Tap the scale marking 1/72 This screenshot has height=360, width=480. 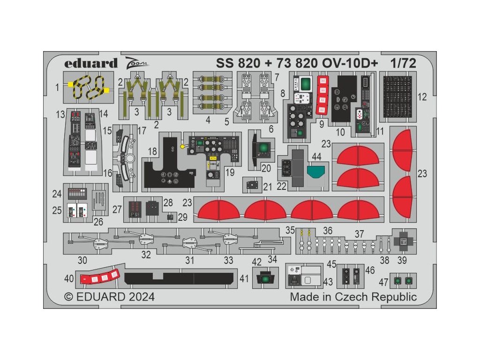coord(402,63)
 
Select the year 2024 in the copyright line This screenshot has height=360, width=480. coord(137,297)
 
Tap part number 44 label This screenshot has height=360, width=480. coord(316,156)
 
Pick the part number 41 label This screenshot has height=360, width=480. coord(244,278)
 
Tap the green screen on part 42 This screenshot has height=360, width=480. coord(266,279)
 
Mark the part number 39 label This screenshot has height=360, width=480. coord(402,261)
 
